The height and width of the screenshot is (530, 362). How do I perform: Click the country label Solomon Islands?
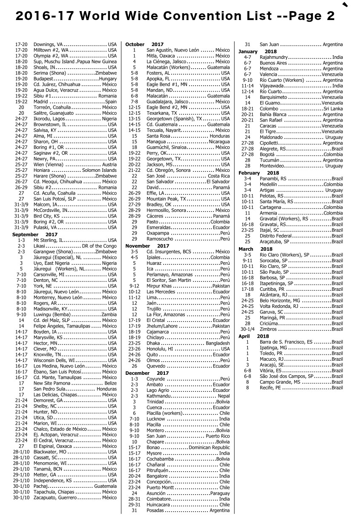click(99, 170)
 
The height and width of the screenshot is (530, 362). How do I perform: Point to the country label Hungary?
click(108, 79)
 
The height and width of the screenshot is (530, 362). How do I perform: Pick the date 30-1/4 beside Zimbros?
click(247, 329)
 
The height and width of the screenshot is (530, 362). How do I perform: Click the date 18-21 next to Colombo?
click(247, 109)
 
